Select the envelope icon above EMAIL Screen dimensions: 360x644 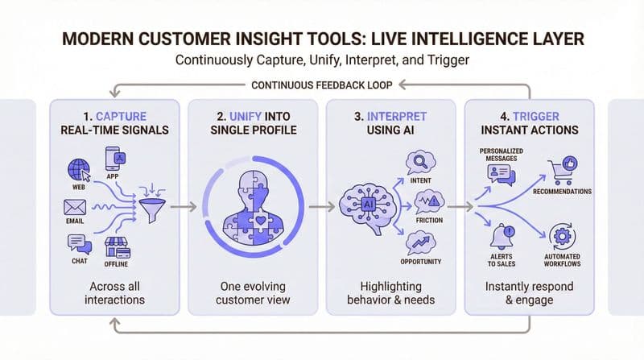coord(74,207)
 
